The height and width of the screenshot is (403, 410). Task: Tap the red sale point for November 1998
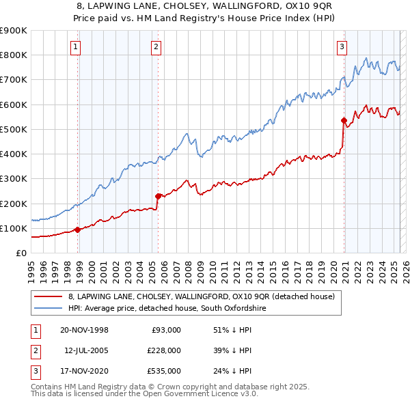[77, 230]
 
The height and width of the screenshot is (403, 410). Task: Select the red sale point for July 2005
[158, 196]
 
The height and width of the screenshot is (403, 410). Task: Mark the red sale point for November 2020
[344, 120]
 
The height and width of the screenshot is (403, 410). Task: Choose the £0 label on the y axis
[20, 253]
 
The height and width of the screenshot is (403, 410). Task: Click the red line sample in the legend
[48, 296]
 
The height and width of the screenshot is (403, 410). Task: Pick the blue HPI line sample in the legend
[48, 309]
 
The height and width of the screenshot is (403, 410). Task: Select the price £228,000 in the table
[165, 350]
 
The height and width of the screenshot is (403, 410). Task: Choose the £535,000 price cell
[165, 372]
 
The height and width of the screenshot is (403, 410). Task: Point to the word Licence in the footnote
[202, 395]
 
